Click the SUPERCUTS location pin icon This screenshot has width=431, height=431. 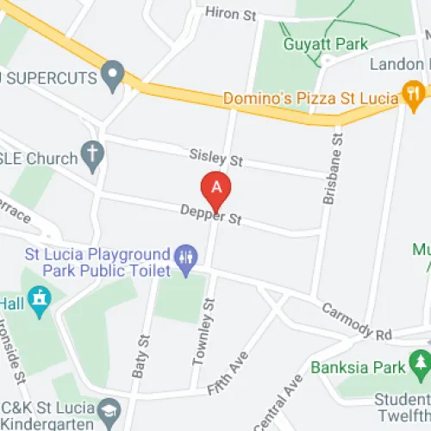coord(112,75)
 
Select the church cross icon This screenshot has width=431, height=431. coord(93,156)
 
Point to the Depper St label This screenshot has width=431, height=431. coord(210,215)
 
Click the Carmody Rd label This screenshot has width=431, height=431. coord(356,320)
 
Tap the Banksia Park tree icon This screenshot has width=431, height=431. coord(420,363)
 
